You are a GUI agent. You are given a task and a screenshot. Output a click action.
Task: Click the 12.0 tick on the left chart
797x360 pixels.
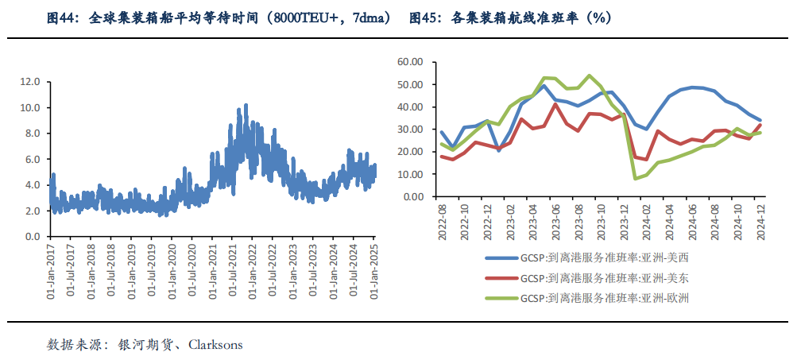pyautogui.click(x=30, y=82)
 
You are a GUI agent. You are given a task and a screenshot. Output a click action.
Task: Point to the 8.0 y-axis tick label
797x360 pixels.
pyautogui.click(x=33, y=134)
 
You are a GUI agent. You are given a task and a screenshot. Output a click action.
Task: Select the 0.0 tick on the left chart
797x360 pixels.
pyautogui.click(x=33, y=237)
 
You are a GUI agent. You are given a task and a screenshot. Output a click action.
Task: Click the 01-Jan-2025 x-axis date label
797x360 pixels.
pyautogui.click(x=374, y=269)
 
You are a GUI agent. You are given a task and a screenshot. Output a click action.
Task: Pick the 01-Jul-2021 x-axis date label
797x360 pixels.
pyautogui.click(x=234, y=269)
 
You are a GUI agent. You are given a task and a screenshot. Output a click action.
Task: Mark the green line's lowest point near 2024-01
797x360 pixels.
pyautogui.click(x=635, y=178)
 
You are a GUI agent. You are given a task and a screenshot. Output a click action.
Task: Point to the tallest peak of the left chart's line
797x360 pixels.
pyautogui.click(x=246, y=104)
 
